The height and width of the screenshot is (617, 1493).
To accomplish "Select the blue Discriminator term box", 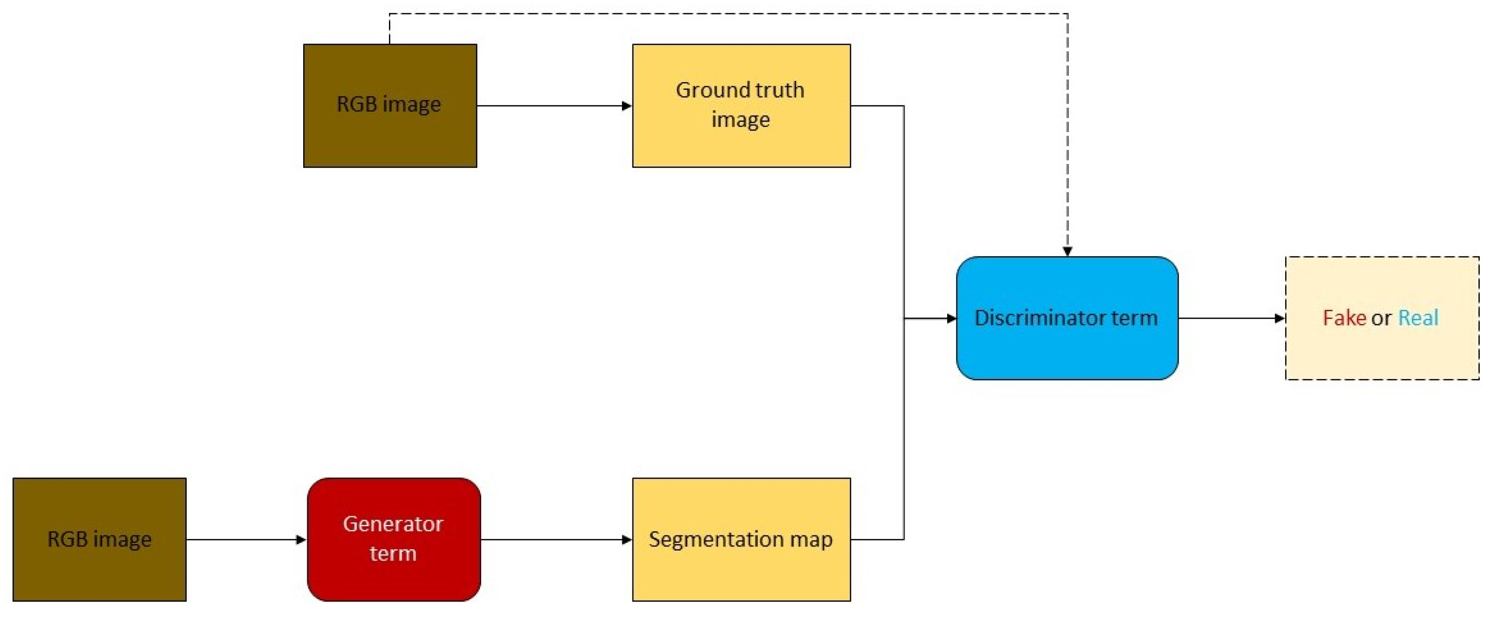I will click(x=1066, y=318).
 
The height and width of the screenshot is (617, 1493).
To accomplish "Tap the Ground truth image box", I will click(x=741, y=105).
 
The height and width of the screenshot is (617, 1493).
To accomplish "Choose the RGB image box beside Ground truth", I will click(x=389, y=105).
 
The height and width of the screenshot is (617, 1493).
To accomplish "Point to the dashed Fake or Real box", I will click(x=1382, y=318).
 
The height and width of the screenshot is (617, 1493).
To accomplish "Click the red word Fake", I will click(x=1344, y=318).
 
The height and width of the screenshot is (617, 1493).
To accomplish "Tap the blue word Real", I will click(x=1418, y=318).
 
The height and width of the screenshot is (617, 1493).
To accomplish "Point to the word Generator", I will click(x=393, y=524).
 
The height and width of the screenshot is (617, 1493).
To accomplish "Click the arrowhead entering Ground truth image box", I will click(x=627, y=106).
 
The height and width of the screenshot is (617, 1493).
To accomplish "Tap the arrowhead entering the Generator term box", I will click(x=301, y=540).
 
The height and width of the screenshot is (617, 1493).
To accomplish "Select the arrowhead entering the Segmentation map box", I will click(x=627, y=540).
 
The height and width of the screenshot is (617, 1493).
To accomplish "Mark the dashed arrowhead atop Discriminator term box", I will click(x=1067, y=251).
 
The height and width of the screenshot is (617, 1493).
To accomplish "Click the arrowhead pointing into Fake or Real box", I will click(x=1280, y=318).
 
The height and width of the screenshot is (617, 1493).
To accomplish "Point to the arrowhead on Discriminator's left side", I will click(x=951, y=318).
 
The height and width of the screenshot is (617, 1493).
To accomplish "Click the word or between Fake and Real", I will click(x=1382, y=318).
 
